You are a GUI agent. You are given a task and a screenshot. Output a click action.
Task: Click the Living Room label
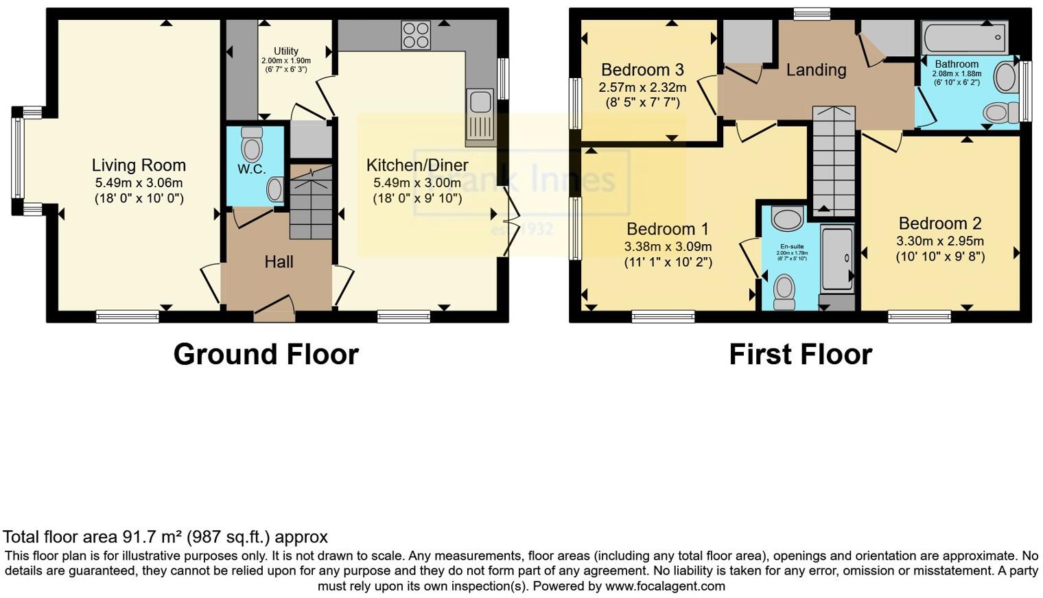[x=139, y=165]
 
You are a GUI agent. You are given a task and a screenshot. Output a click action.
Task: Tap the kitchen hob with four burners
[x=416, y=35]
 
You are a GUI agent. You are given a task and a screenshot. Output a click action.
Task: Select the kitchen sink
[x=479, y=110]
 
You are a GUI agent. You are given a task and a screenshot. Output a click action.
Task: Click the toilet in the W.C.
[x=253, y=145]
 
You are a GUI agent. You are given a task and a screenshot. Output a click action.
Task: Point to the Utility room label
[x=286, y=51]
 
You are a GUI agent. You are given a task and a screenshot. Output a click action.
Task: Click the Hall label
[x=279, y=261]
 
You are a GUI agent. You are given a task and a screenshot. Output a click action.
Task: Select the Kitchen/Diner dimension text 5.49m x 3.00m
[x=417, y=183]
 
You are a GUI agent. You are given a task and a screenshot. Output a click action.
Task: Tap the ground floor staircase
[x=311, y=202]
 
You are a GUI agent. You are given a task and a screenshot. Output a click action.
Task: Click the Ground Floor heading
[x=266, y=355]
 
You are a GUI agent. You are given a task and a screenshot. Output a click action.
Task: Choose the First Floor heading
[x=800, y=355]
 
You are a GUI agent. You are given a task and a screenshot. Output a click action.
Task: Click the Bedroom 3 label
[x=642, y=70]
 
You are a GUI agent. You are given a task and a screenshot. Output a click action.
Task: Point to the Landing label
[x=816, y=70]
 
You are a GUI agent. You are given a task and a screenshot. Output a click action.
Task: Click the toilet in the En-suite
[x=784, y=291]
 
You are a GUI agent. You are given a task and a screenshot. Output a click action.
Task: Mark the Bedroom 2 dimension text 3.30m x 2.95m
[x=939, y=241]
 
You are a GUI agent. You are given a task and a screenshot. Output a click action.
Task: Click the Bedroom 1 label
[x=667, y=229]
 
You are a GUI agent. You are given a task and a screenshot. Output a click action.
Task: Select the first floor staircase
[x=834, y=161]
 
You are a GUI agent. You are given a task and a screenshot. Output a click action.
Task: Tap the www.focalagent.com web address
[x=665, y=586]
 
